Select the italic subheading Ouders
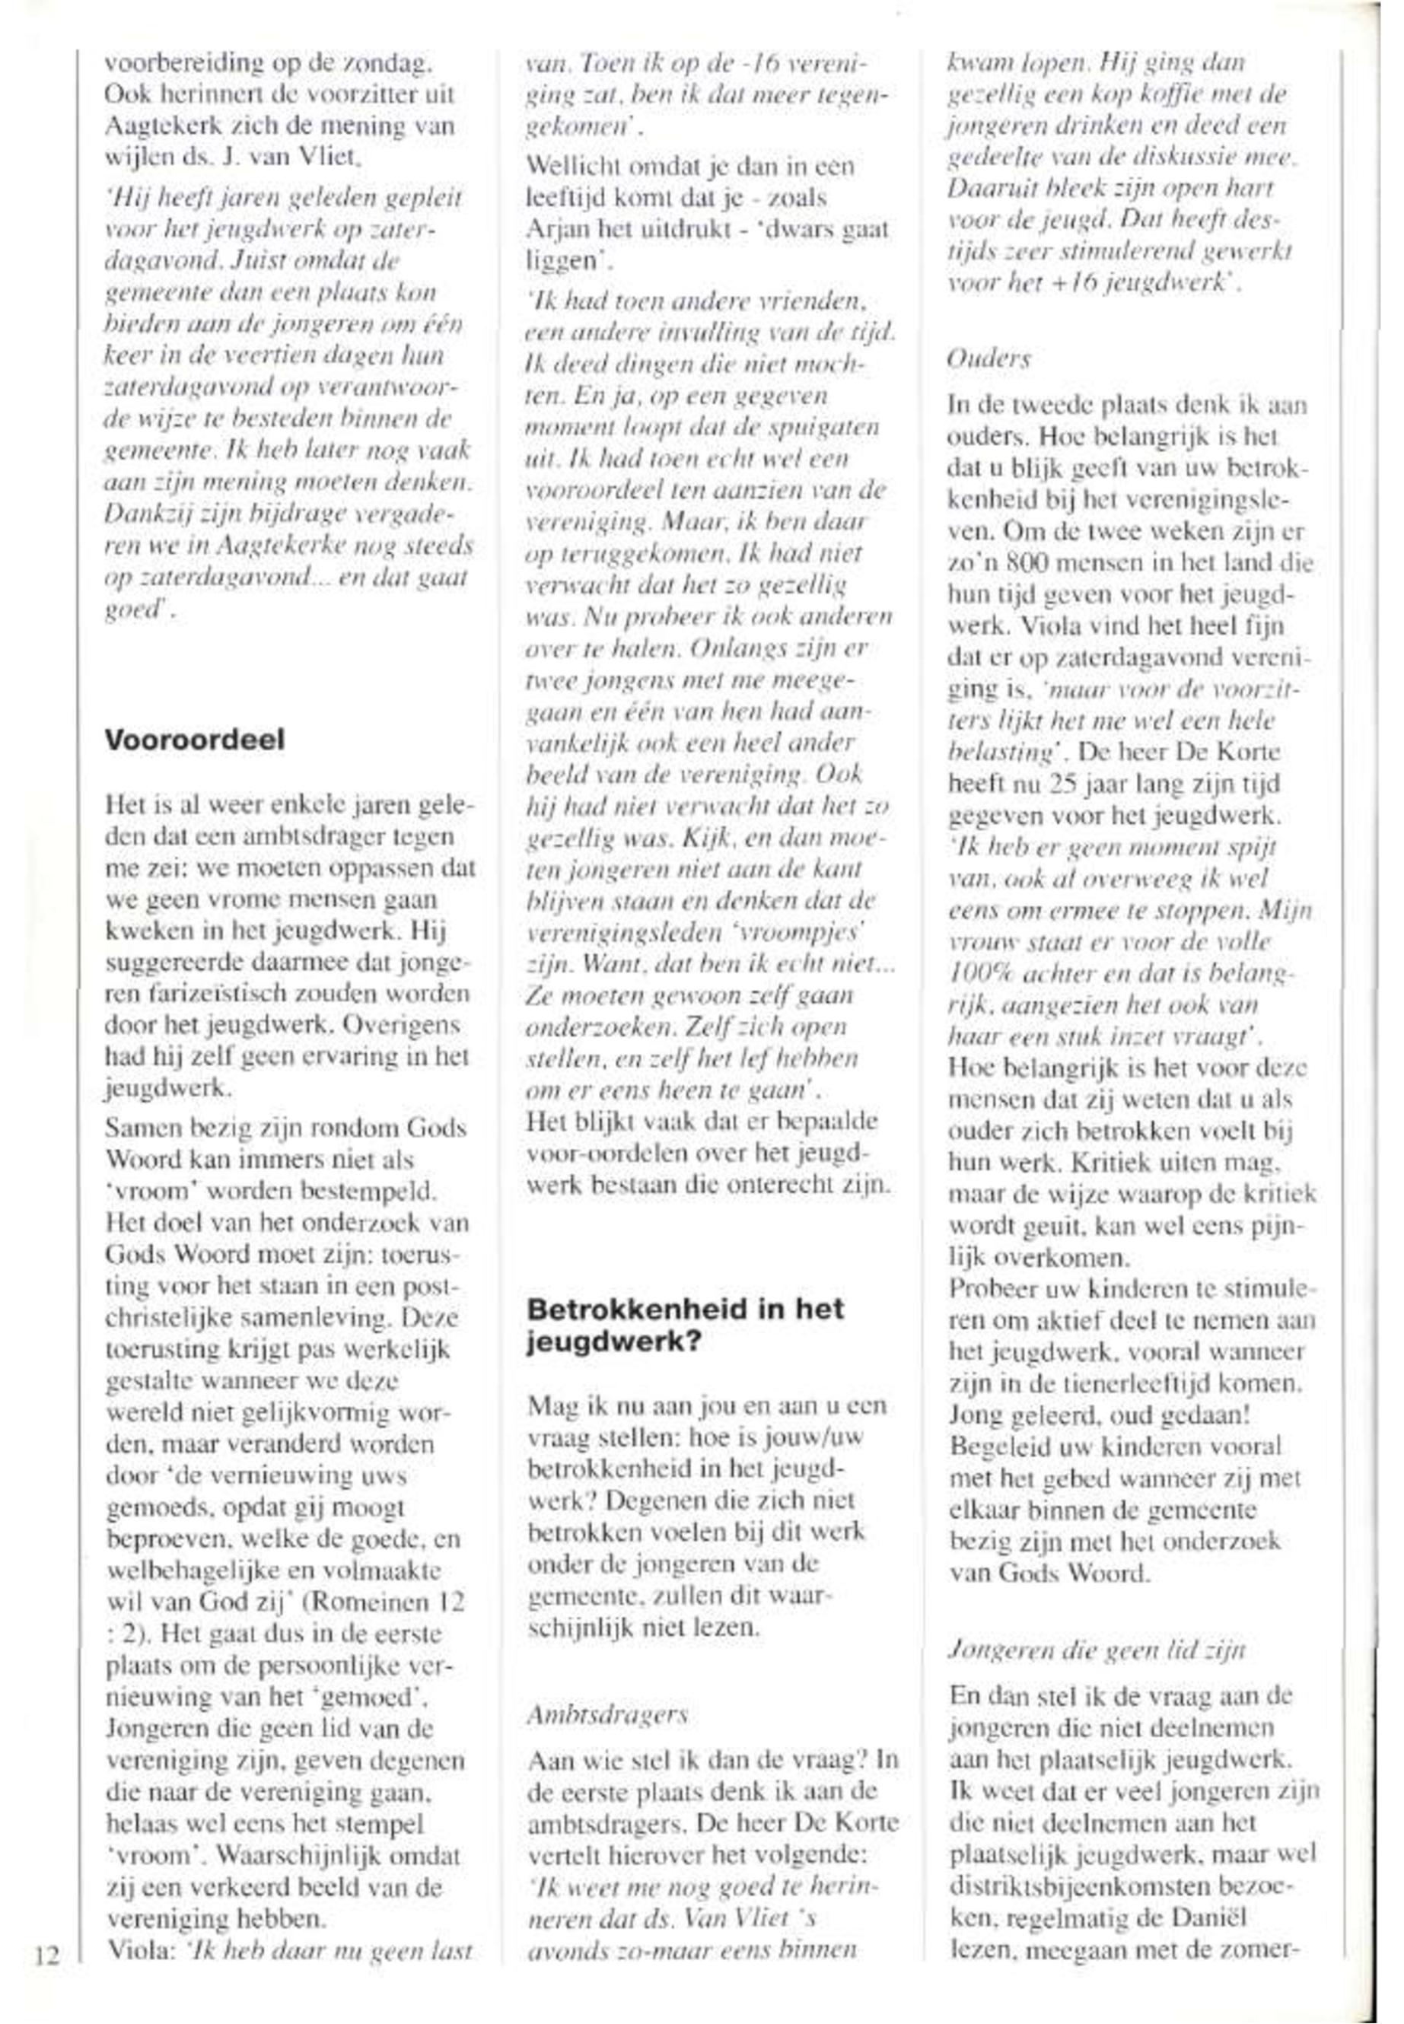tap(989, 360)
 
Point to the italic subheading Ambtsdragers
tap(607, 1714)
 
